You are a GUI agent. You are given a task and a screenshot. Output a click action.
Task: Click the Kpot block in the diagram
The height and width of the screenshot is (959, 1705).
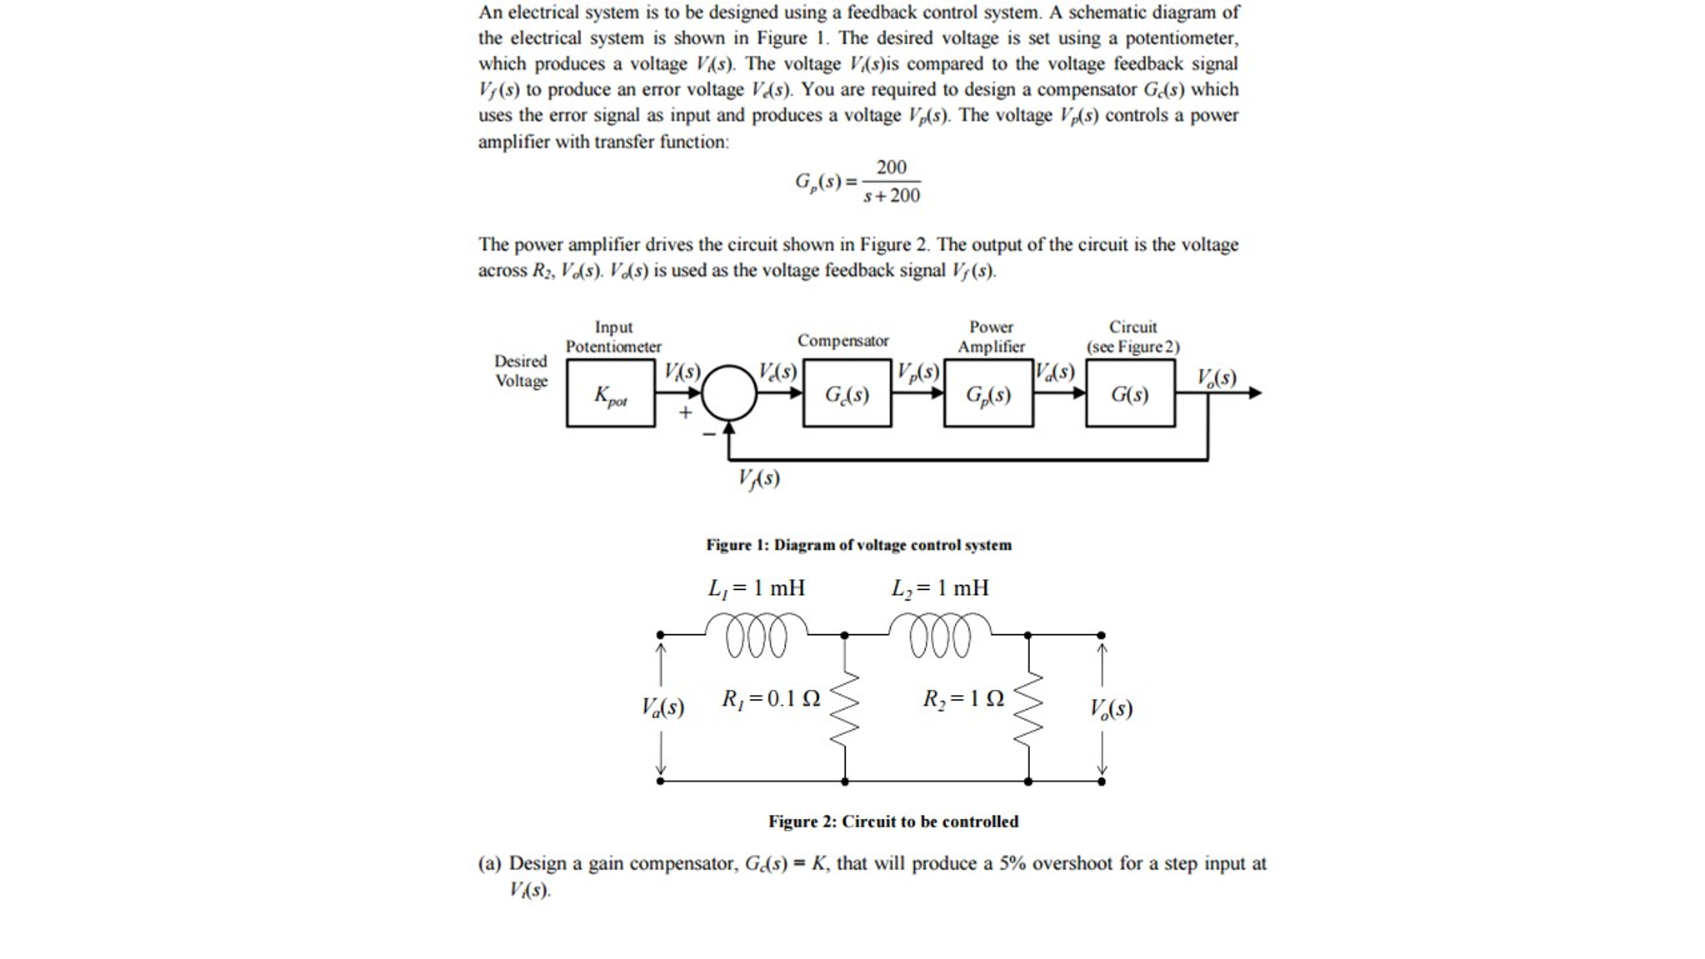[x=610, y=394]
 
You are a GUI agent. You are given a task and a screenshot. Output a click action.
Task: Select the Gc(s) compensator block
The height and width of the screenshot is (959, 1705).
[x=847, y=394]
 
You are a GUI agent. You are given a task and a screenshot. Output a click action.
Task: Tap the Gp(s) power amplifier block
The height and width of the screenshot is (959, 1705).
[x=988, y=394]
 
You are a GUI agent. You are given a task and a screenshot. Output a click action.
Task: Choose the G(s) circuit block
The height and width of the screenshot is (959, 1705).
[x=1130, y=394]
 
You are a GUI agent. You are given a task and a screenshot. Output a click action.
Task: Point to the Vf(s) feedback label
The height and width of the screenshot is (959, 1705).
[x=758, y=478]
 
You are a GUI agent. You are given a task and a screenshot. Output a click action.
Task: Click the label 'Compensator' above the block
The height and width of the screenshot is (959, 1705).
[x=842, y=341]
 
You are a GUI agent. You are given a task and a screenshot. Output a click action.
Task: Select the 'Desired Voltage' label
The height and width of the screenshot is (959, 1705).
[x=521, y=371]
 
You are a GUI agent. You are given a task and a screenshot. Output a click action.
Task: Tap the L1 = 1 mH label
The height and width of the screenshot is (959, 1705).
[x=757, y=588]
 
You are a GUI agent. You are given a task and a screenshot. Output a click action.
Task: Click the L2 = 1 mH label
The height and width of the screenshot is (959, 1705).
[x=940, y=588]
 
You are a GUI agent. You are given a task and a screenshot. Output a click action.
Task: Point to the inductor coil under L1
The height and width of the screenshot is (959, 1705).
[x=756, y=636]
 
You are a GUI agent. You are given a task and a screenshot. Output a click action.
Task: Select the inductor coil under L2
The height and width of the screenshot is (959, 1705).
[x=940, y=636]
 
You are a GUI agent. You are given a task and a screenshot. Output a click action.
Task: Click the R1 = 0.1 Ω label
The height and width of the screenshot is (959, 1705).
[x=771, y=699]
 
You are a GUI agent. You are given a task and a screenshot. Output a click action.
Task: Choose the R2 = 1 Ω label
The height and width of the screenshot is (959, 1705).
[x=962, y=699]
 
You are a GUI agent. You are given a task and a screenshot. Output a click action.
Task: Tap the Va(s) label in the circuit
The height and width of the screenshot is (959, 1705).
[x=662, y=708]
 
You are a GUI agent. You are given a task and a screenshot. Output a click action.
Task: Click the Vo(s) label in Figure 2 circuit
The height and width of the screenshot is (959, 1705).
[x=1111, y=709]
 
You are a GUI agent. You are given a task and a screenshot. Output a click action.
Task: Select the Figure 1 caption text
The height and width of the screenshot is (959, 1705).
[x=858, y=545]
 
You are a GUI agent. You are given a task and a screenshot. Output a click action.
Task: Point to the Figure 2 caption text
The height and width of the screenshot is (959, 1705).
[x=892, y=822]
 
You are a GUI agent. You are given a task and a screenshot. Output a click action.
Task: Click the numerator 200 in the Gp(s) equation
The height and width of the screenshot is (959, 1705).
[x=891, y=167]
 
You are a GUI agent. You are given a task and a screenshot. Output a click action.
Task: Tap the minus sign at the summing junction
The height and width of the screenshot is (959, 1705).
[x=709, y=434]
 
